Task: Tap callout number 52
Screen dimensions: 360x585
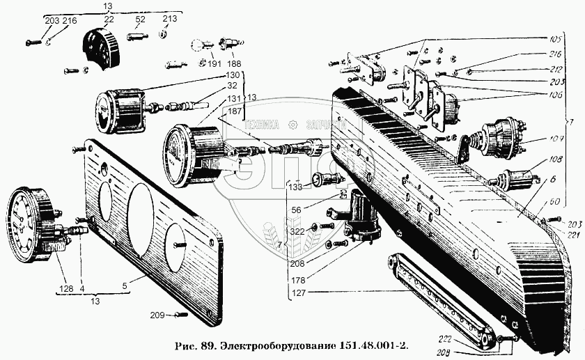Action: [139, 20]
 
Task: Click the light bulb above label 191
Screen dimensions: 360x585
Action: [198, 45]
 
